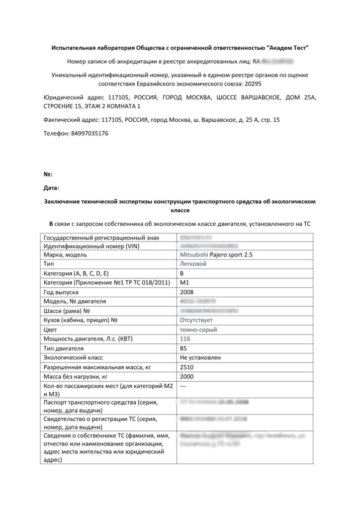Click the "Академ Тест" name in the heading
tap(287, 48)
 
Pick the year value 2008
tap(186, 292)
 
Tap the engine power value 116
tap(184, 339)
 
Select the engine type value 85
tap(183, 348)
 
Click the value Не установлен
tap(200, 357)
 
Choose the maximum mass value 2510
tap(186, 367)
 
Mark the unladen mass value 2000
tap(186, 376)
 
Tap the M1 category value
tap(184, 283)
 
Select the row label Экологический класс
tap(74, 357)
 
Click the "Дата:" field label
tap(52, 188)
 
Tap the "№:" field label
tap(49, 174)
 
